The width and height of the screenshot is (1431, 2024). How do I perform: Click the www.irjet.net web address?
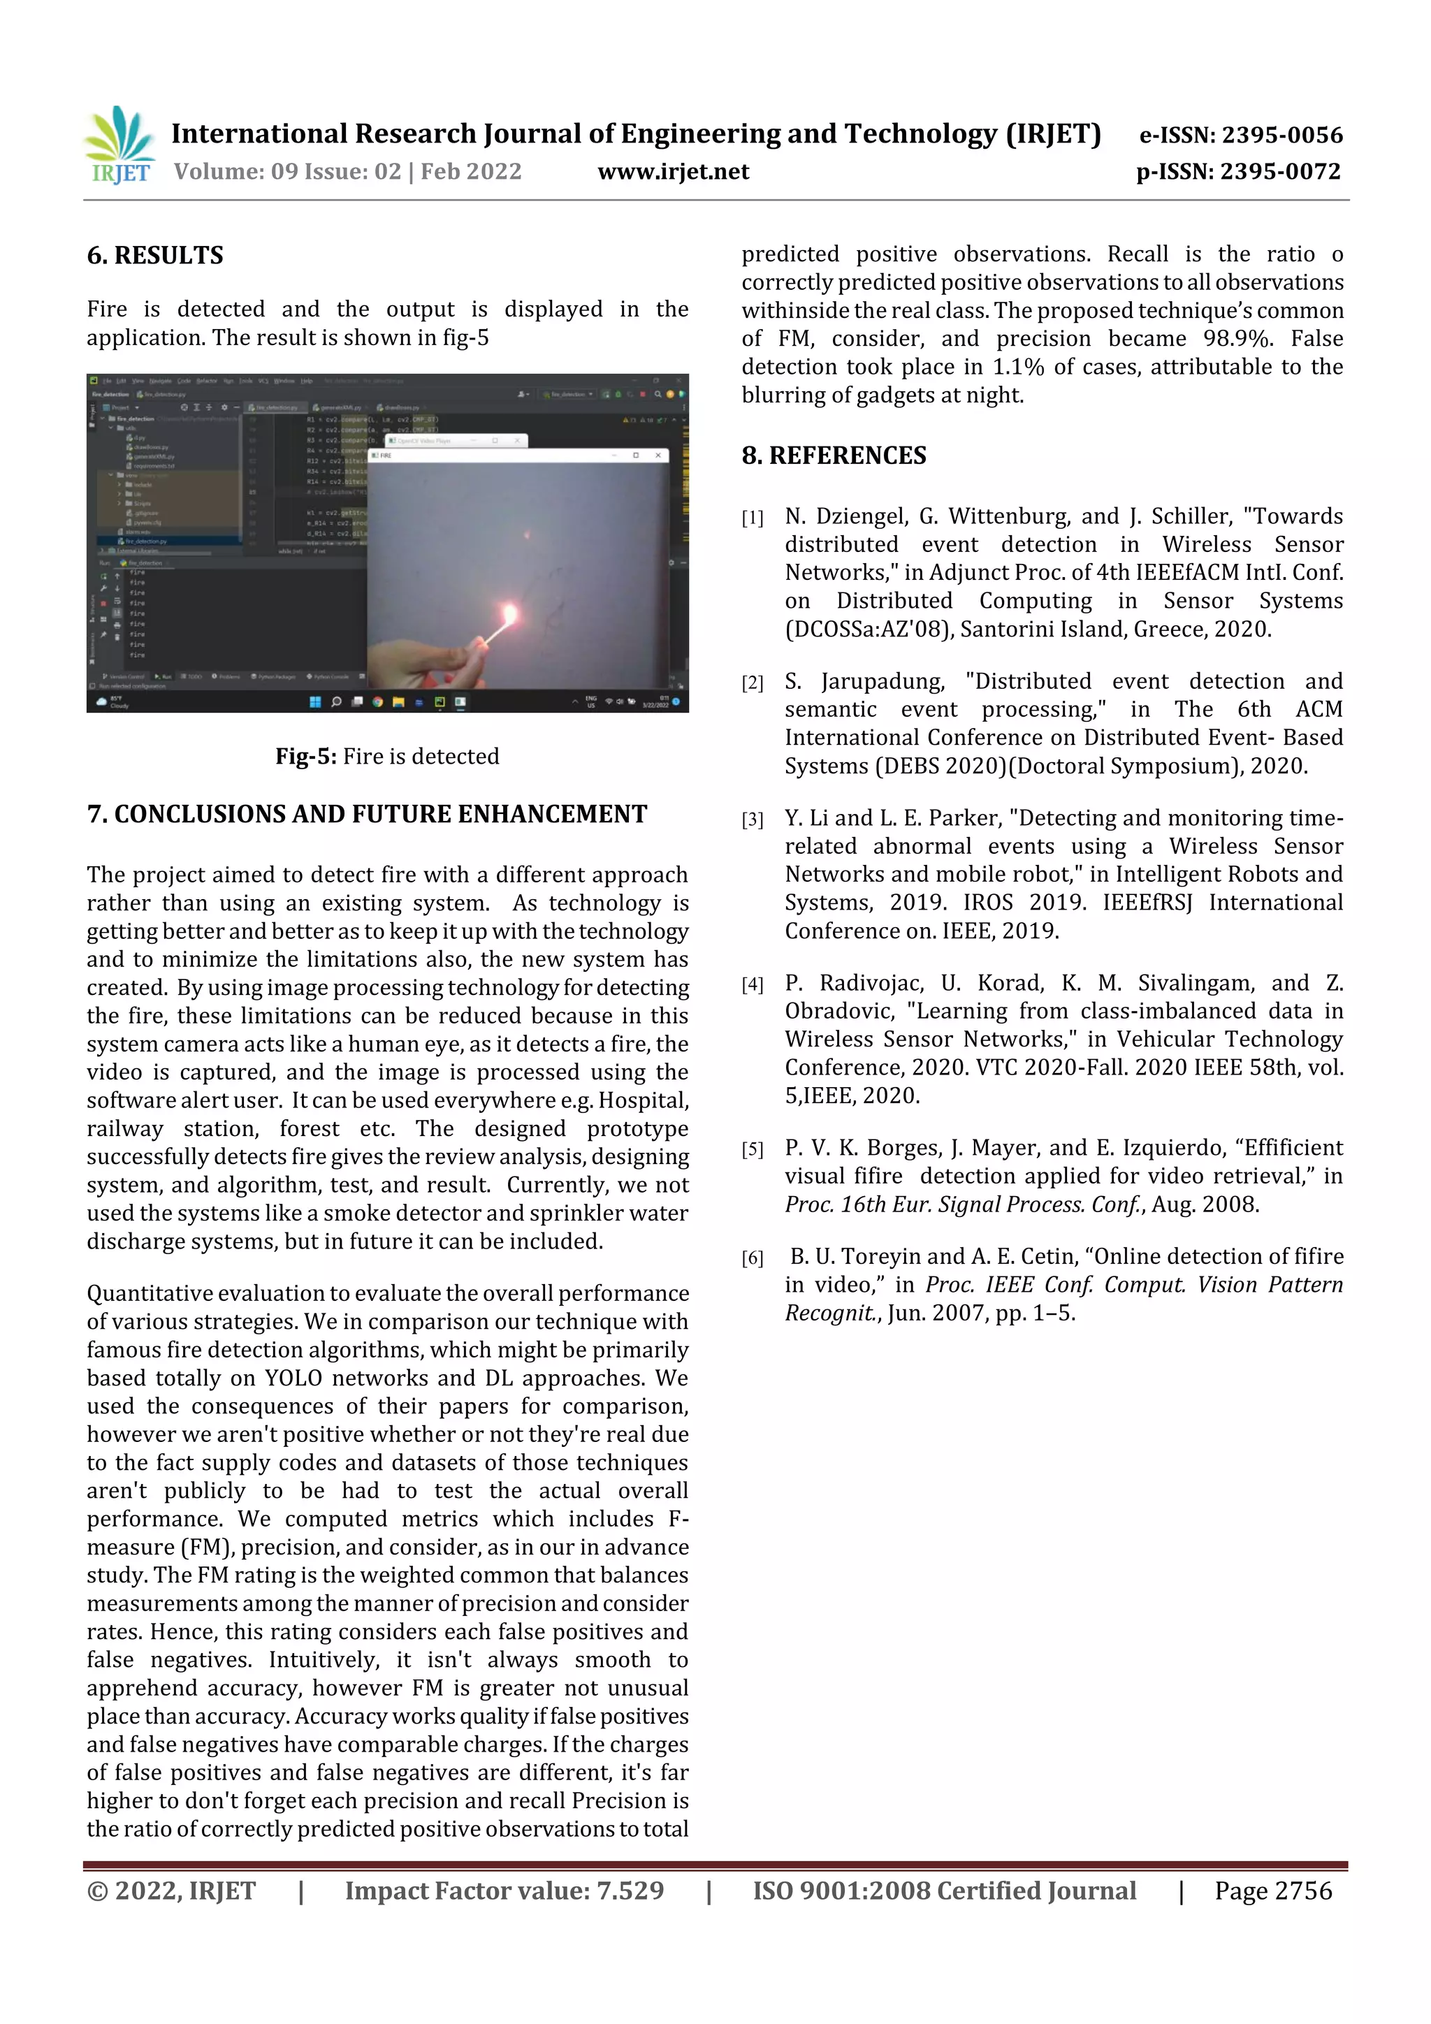pyautogui.click(x=673, y=171)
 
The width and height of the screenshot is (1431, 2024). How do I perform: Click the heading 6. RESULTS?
pyautogui.click(x=155, y=256)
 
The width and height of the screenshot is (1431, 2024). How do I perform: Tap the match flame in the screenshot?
pyautogui.click(x=509, y=613)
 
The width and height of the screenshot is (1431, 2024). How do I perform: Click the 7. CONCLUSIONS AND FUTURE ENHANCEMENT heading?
pyautogui.click(x=367, y=814)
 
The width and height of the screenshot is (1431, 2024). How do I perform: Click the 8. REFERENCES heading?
pyautogui.click(x=834, y=455)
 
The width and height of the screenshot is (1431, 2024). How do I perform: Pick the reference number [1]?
pyautogui.click(x=752, y=518)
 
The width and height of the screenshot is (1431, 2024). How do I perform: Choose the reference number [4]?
pyautogui.click(x=752, y=984)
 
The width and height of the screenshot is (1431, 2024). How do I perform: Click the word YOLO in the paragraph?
pyautogui.click(x=293, y=1378)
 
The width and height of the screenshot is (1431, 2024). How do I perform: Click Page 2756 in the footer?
pyautogui.click(x=1272, y=1891)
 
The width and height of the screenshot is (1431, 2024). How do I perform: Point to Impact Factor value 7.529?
pyautogui.click(x=504, y=1891)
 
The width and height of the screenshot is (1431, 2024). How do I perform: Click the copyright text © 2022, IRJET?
pyautogui.click(x=171, y=1891)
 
